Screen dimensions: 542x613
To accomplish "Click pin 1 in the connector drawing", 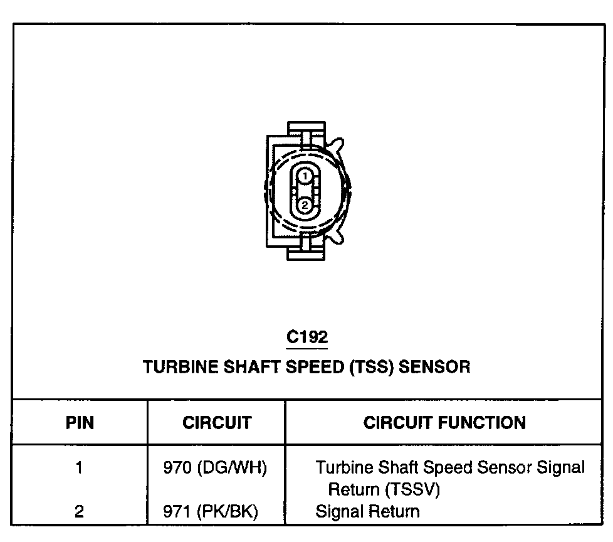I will [304, 177].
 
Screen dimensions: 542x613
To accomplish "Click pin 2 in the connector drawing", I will [304, 205].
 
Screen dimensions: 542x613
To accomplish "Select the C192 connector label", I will [307, 337].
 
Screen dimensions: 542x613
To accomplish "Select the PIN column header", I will [80, 422].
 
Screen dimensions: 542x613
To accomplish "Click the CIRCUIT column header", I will [217, 422].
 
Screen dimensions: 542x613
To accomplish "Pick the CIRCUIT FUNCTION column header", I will [444, 422].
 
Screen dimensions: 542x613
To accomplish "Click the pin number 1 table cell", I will [80, 468].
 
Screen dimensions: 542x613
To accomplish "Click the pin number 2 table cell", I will [80, 511].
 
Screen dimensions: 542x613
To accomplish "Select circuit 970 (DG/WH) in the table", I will [215, 468].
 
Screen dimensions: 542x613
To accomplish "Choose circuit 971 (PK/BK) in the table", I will [211, 511].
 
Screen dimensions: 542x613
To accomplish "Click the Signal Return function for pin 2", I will [367, 511].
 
